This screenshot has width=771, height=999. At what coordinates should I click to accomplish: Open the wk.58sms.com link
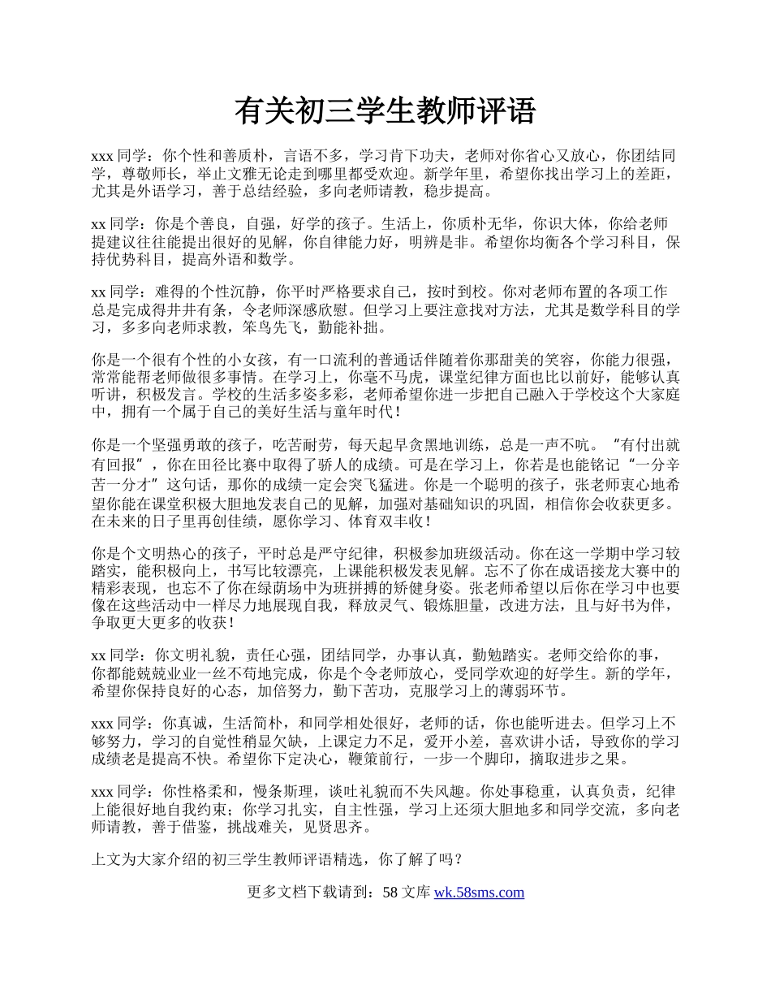(x=479, y=893)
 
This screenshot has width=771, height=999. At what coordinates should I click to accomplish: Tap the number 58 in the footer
(x=390, y=893)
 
